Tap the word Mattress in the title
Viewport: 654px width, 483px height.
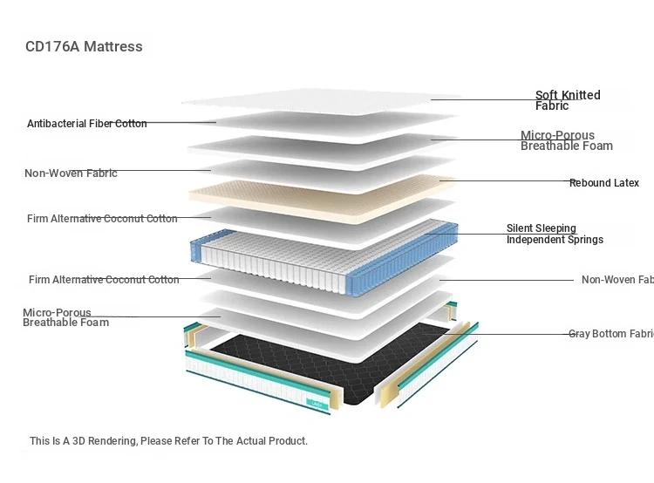click(113, 46)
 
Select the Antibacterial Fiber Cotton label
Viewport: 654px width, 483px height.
click(86, 124)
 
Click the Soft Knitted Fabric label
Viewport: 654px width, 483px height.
click(568, 100)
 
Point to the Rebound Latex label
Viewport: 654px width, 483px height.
click(603, 183)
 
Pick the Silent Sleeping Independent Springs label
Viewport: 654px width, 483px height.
click(555, 235)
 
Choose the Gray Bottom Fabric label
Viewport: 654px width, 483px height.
click(610, 334)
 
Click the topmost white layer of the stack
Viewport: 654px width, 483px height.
click(323, 99)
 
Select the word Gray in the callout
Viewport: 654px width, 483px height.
click(579, 334)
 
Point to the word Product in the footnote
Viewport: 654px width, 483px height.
click(286, 441)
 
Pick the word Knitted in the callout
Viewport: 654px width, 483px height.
click(581, 95)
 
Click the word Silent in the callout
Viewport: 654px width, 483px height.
click(521, 228)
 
